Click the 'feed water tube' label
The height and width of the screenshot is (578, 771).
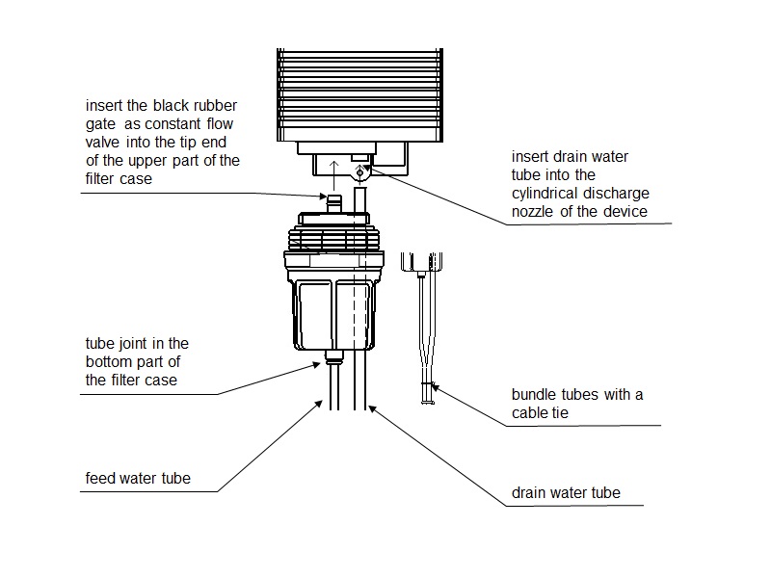138,478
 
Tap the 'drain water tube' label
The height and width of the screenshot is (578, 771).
565,493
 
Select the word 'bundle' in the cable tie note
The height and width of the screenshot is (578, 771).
534,395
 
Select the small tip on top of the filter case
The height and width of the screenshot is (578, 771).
334,202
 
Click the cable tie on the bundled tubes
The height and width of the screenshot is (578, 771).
426,386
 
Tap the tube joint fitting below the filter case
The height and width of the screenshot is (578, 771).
334,359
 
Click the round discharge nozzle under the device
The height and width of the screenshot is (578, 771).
361,173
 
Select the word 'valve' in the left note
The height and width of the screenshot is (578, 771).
102,143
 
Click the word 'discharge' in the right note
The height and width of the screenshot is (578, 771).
616,193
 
